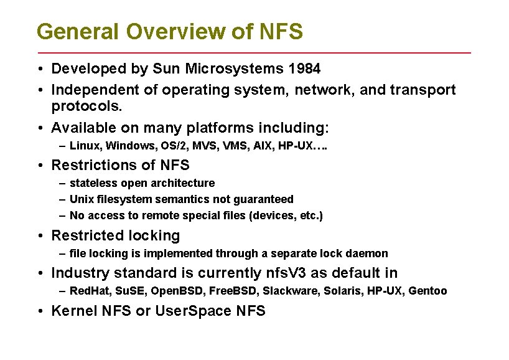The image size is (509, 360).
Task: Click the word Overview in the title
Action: pos(176,31)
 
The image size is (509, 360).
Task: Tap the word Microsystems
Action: pos(235,69)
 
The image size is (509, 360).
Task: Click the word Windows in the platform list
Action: pos(130,146)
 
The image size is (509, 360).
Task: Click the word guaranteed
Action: pos(263,199)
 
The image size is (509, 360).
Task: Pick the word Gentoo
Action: pos(427,290)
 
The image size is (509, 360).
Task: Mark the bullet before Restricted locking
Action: pos(40,236)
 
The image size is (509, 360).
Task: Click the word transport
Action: pos(423,90)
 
